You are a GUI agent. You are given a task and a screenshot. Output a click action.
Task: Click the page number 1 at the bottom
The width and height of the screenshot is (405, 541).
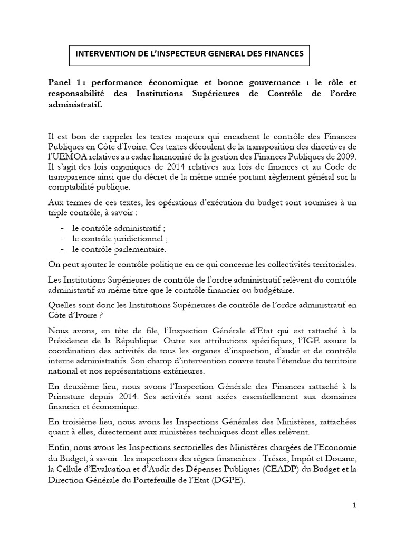(x=355, y=520)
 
